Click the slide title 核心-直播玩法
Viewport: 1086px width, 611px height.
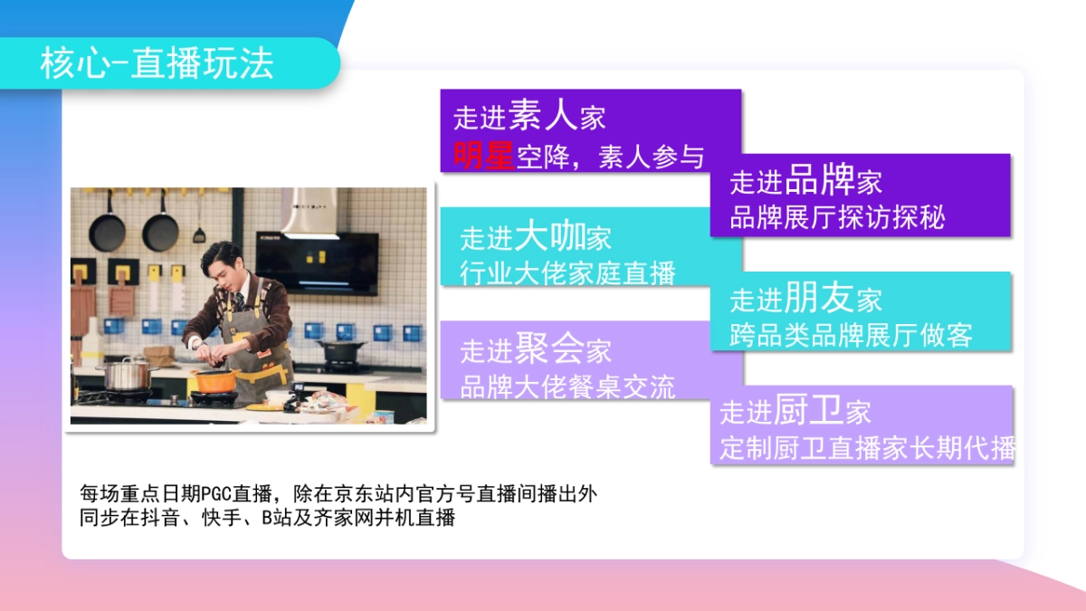(x=157, y=63)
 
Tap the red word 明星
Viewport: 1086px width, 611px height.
(x=484, y=156)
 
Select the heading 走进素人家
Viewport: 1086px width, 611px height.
(x=529, y=116)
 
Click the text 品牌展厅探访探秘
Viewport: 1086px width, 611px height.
(x=837, y=218)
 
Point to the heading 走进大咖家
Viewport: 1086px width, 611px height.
(x=536, y=237)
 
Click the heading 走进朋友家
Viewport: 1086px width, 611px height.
(x=805, y=299)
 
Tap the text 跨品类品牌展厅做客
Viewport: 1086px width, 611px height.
(x=851, y=335)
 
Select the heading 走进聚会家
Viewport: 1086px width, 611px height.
(x=536, y=349)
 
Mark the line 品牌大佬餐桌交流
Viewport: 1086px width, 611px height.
(x=567, y=387)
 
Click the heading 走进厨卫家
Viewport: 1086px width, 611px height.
(x=795, y=412)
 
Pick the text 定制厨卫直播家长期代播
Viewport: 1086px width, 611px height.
(x=867, y=448)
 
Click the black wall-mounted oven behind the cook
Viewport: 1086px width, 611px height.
(x=317, y=263)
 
